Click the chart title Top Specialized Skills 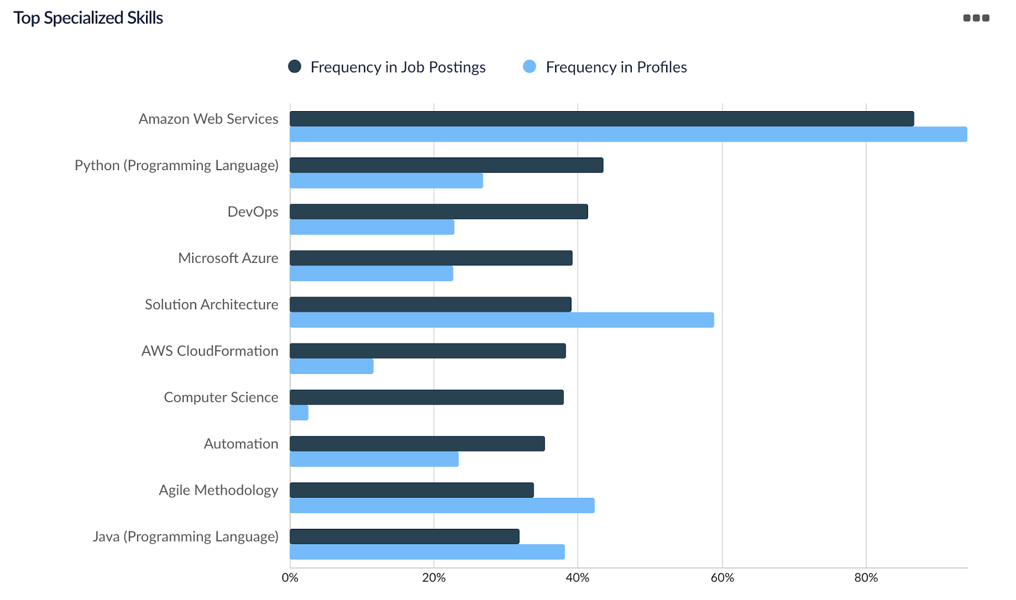(x=88, y=18)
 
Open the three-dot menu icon (x=976, y=18)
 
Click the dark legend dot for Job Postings (x=295, y=67)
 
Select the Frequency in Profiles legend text (x=616, y=67)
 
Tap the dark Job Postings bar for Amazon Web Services (x=601, y=119)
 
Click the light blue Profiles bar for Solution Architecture (x=502, y=320)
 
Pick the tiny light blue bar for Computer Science (x=299, y=413)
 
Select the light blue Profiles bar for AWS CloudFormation (x=331, y=366)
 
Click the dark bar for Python (x=446, y=165)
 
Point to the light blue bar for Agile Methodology (x=442, y=505)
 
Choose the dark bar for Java (x=404, y=537)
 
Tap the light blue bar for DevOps (x=372, y=227)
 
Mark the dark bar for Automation (x=417, y=444)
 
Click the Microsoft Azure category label (x=228, y=258)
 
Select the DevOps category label (x=253, y=211)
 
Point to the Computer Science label (x=221, y=397)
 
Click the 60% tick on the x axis (x=722, y=578)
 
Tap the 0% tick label (x=290, y=578)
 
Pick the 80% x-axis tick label (x=866, y=578)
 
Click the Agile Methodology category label (x=218, y=490)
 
